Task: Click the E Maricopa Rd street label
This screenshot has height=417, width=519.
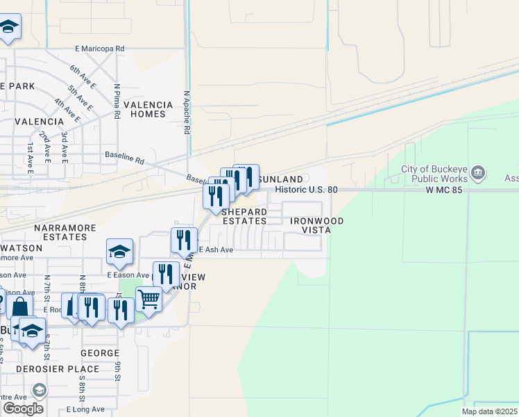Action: (99, 49)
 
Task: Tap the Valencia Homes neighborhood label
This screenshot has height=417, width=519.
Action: (148, 110)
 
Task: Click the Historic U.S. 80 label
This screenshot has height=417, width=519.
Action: (306, 189)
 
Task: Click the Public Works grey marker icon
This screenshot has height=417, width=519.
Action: (478, 172)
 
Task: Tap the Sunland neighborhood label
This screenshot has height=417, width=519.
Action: (280, 179)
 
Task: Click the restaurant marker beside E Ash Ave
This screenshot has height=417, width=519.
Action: (184, 240)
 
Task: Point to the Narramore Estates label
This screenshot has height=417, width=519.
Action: (60, 232)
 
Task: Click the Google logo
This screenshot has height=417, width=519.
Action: (23, 409)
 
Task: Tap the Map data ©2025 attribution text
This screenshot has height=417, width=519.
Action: (489, 411)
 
